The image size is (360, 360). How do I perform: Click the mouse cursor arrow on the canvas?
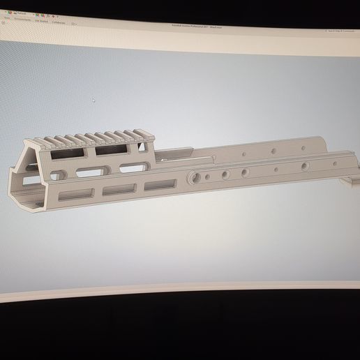(93, 99)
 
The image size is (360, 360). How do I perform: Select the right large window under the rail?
(110, 149)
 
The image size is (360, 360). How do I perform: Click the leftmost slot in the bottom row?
(75, 195)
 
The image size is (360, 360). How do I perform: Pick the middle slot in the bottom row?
(119, 189)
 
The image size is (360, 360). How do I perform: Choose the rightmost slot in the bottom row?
(160, 185)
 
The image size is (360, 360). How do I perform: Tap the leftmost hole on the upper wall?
(242, 152)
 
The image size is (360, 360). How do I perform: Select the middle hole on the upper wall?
(273, 150)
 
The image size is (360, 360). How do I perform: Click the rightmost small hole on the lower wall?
(304, 165)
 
